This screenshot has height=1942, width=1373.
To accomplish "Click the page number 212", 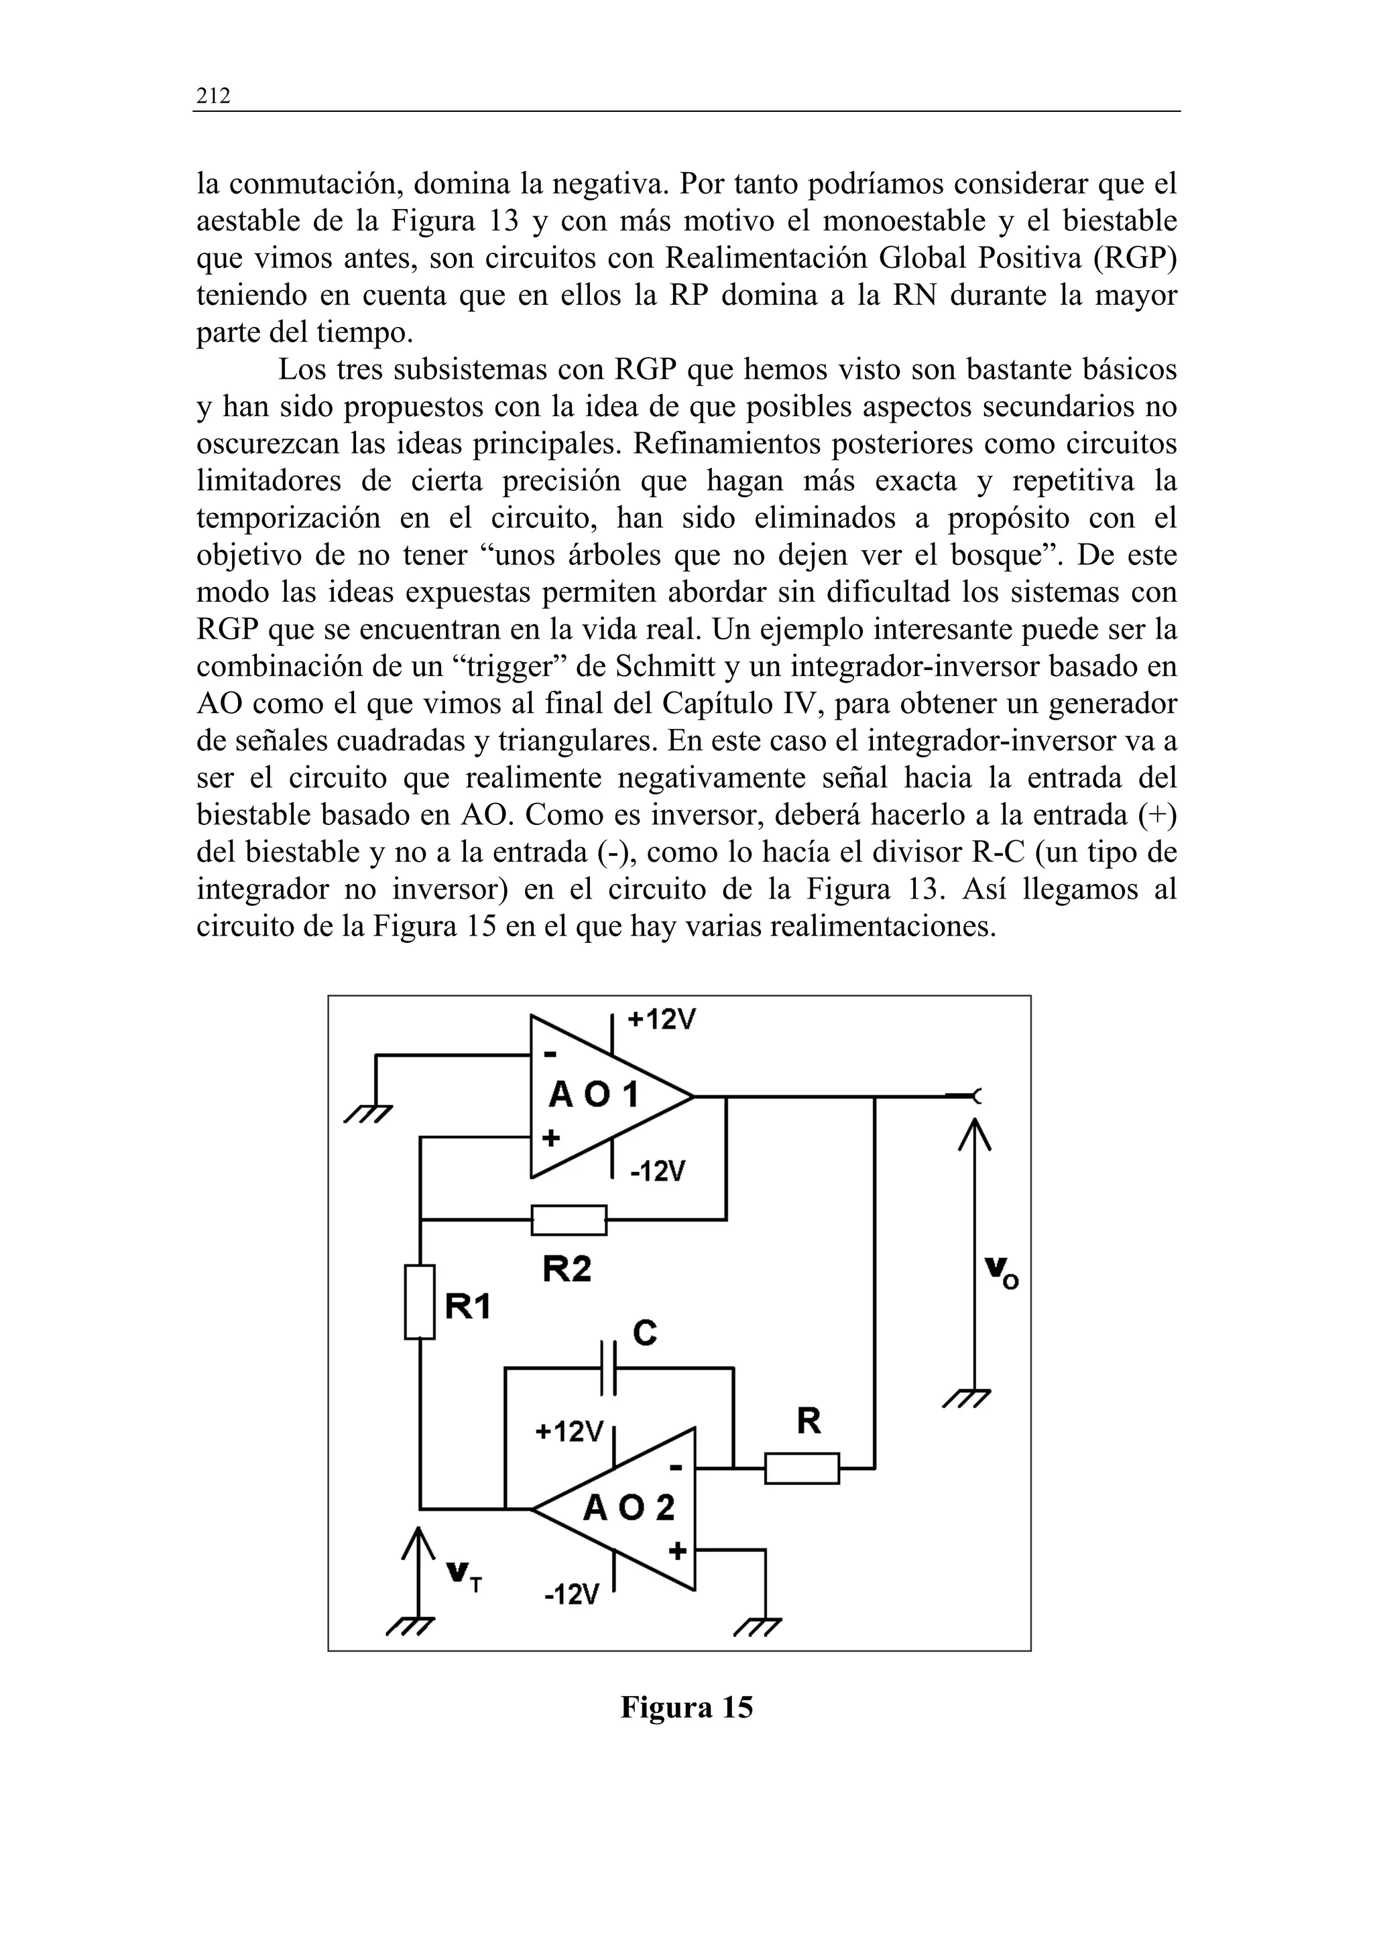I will click(213, 96).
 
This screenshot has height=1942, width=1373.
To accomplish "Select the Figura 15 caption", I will click(686, 1707).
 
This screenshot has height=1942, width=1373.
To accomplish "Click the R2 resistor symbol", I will click(569, 1220).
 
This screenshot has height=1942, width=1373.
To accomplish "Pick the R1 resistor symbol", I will click(420, 1302).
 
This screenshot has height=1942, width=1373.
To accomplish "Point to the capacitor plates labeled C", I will click(608, 1368).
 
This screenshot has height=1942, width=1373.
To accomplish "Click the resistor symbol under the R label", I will click(802, 1468).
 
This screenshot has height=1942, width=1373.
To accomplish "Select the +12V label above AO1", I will click(662, 1019).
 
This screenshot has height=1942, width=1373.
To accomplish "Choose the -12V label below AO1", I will click(657, 1171).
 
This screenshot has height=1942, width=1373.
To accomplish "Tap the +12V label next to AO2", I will click(569, 1432).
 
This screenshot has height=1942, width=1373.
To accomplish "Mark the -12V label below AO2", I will click(572, 1594).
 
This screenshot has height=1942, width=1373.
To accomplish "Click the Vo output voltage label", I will click(1002, 1271).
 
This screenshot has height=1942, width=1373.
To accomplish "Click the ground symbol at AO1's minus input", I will click(368, 1114).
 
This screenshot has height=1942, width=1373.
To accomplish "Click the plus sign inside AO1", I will click(550, 1138).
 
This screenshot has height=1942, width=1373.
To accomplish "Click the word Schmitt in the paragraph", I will click(656, 667).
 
